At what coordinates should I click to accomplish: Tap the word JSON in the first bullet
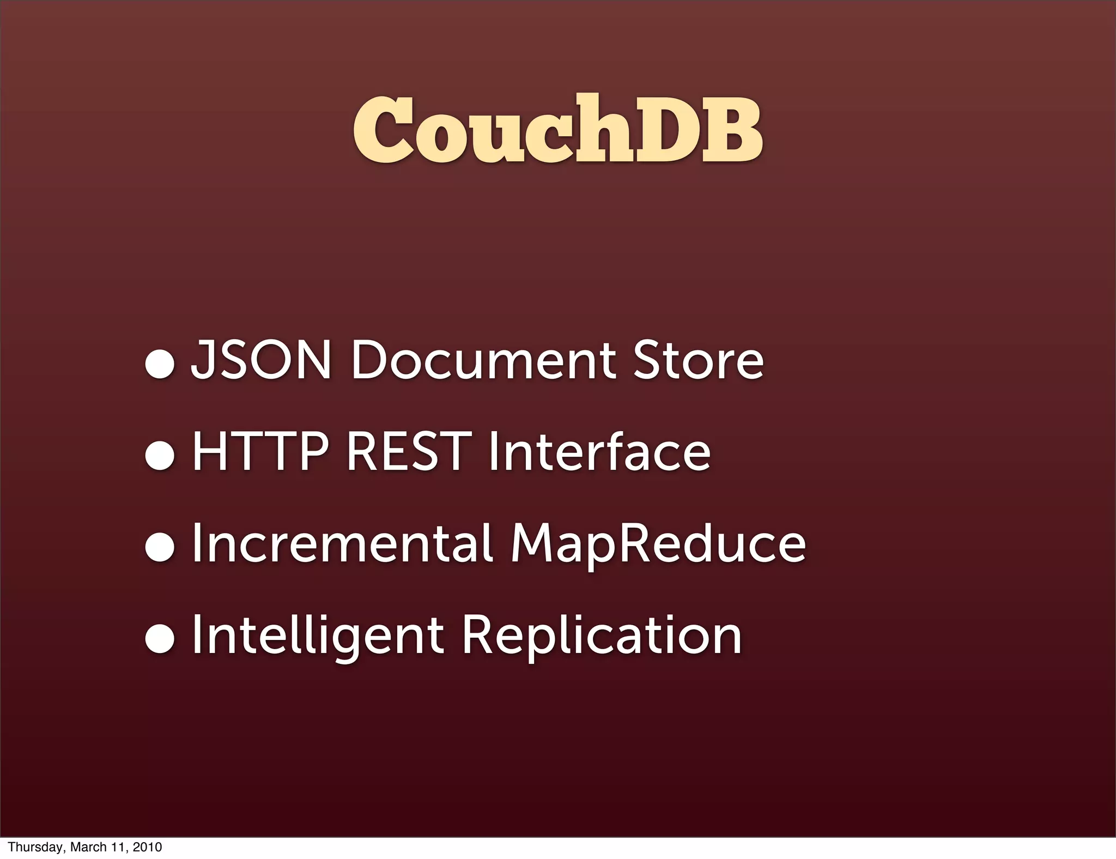(x=261, y=360)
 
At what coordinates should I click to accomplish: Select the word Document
(x=484, y=360)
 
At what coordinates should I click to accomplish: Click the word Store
(x=698, y=360)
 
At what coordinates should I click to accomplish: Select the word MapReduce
(x=658, y=543)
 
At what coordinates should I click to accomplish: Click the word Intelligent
(x=318, y=636)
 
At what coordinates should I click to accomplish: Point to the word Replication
(x=602, y=636)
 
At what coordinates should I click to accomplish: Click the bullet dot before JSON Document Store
(x=160, y=364)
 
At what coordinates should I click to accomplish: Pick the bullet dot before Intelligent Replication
(x=160, y=639)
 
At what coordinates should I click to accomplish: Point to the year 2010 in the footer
(x=147, y=847)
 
